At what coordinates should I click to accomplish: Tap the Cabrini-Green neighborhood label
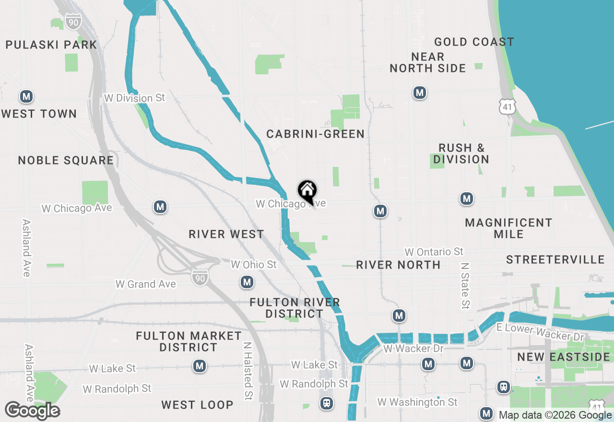[316, 134]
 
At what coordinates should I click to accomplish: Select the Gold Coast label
[474, 42]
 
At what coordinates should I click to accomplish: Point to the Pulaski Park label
[51, 45]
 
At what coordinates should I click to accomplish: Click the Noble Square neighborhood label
[66, 160]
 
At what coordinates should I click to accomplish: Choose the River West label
[226, 234]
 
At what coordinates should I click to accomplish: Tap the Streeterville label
[555, 259]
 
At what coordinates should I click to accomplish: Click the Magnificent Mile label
[508, 228]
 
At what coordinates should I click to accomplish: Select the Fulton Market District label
[189, 341]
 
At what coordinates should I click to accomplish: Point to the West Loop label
[197, 405]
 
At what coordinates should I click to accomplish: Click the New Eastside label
[564, 357]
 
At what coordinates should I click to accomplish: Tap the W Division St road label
[135, 98]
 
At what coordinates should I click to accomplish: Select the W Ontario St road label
[434, 252]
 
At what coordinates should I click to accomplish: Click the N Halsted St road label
[248, 371]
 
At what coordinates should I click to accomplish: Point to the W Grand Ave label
[146, 284]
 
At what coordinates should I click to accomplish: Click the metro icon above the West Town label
[26, 97]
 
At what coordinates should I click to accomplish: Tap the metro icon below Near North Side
[420, 93]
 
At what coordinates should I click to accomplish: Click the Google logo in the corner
[32, 411]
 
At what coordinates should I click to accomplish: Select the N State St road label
[464, 285]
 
